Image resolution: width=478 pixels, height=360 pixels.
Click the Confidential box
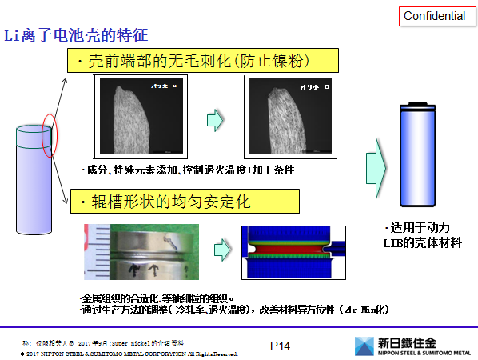434,16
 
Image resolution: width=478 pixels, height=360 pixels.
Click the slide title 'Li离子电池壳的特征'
77,36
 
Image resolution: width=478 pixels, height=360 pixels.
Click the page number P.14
279,346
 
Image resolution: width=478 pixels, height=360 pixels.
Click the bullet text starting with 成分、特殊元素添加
187,171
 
